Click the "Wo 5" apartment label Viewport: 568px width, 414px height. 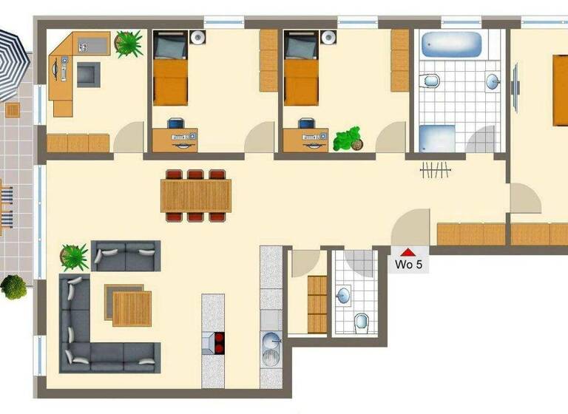click(409, 265)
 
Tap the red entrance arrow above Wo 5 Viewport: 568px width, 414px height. click(408, 252)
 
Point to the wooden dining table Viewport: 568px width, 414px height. click(196, 195)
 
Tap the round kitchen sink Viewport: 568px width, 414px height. click(271, 342)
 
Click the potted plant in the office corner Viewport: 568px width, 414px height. click(129, 44)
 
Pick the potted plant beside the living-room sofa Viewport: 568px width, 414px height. click(74, 257)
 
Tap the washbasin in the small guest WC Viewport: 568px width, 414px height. click(342, 296)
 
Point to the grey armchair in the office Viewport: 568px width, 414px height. click(88, 74)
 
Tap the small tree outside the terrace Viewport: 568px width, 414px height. click(13, 286)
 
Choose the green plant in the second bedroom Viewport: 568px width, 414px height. click(347, 138)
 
